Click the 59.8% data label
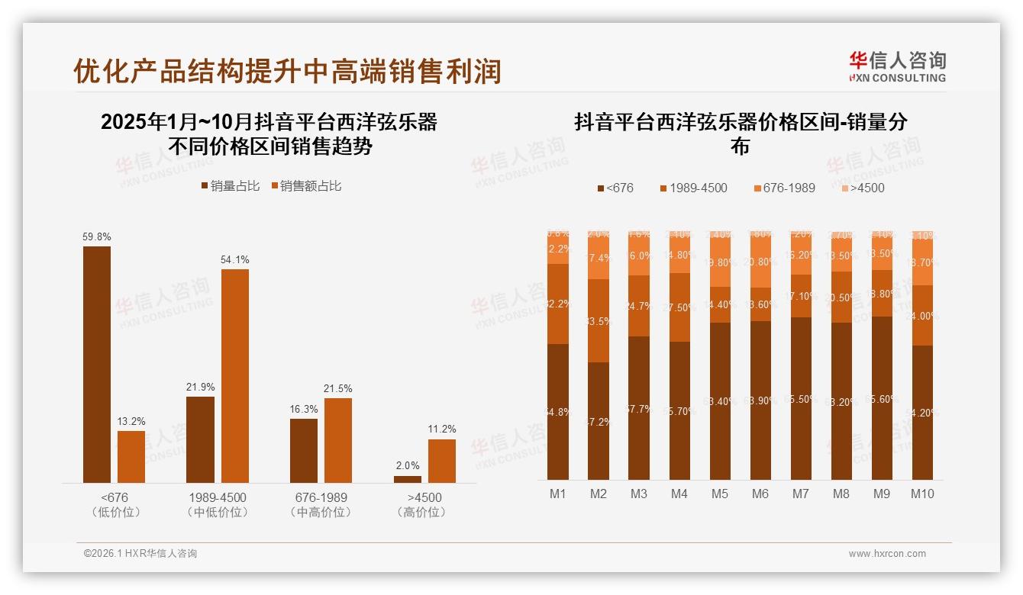[x=96, y=237]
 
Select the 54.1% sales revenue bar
[x=235, y=375]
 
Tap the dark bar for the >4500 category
[x=408, y=479]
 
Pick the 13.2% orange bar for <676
[x=131, y=456]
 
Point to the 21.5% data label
[x=338, y=389]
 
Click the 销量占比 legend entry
[x=231, y=186]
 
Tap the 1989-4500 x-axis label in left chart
[x=218, y=497]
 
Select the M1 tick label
[x=558, y=494]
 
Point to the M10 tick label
[x=922, y=494]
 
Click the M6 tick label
[x=760, y=494]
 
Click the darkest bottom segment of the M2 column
[x=599, y=420]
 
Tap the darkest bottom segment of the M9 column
[x=882, y=397]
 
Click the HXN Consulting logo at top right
[x=897, y=66]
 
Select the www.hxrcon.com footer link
[x=887, y=554]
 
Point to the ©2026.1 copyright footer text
[x=140, y=554]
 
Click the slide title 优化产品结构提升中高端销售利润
[x=287, y=71]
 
